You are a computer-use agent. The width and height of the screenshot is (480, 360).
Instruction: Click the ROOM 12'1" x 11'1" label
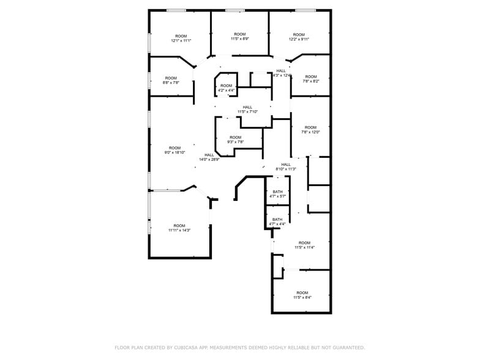click(181, 38)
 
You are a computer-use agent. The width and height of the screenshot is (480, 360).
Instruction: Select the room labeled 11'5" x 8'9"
click(239, 36)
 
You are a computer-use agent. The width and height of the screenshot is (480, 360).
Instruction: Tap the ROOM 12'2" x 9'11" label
click(299, 37)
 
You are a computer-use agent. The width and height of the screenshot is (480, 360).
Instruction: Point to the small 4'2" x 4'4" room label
click(227, 88)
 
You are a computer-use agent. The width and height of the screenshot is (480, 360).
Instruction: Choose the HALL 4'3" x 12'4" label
click(281, 73)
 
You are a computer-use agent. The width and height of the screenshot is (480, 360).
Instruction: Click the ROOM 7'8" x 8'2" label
click(310, 78)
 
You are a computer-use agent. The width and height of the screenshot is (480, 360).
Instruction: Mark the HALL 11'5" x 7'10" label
click(247, 109)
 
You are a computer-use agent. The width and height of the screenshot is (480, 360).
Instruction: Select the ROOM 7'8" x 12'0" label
click(310, 129)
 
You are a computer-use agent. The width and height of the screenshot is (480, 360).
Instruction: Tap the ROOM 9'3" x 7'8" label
click(236, 140)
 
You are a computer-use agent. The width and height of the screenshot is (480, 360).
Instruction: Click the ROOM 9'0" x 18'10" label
click(175, 150)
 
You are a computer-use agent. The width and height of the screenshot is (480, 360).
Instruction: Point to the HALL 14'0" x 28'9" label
click(209, 157)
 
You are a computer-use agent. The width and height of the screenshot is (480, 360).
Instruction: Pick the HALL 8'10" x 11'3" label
click(286, 167)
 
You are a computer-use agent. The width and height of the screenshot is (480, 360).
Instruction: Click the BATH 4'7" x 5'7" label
click(278, 193)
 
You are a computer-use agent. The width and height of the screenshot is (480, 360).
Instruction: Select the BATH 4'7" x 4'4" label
click(277, 222)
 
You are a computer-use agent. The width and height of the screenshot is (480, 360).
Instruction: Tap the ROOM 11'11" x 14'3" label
click(179, 228)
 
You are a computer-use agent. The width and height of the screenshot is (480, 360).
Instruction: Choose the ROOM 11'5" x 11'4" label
click(304, 245)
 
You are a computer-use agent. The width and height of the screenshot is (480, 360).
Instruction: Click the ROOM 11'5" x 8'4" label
click(302, 295)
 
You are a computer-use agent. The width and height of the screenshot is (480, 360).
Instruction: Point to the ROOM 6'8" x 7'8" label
click(171, 80)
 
